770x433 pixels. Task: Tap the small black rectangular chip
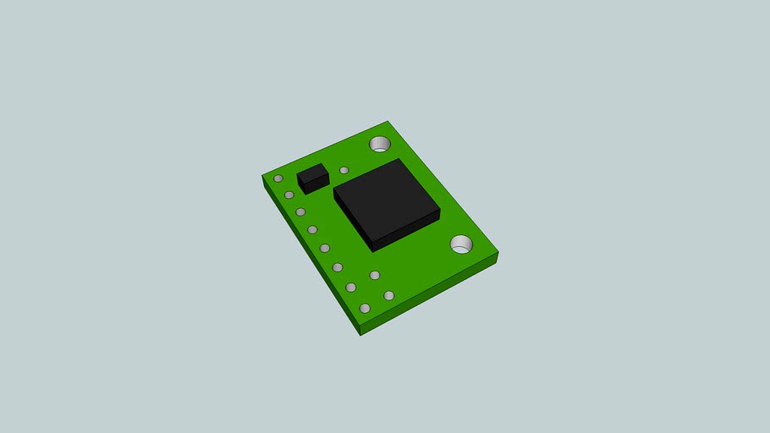tap(312, 177)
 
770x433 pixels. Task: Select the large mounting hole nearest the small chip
tap(380, 144)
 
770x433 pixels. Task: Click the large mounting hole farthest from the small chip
tap(461, 244)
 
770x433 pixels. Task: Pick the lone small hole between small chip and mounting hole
tap(344, 170)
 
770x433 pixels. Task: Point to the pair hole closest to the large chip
tap(375, 275)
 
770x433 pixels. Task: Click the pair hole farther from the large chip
tap(389, 295)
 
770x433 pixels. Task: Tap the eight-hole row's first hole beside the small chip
tap(278, 178)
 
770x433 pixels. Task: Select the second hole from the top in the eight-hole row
tap(289, 195)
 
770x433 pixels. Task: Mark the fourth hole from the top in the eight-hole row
tap(312, 229)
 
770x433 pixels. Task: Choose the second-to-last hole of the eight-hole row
tap(351, 288)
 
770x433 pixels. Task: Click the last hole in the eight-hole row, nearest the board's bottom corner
tap(365, 308)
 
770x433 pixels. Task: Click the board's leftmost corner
tap(262, 176)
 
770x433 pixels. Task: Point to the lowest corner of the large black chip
tap(373, 251)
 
